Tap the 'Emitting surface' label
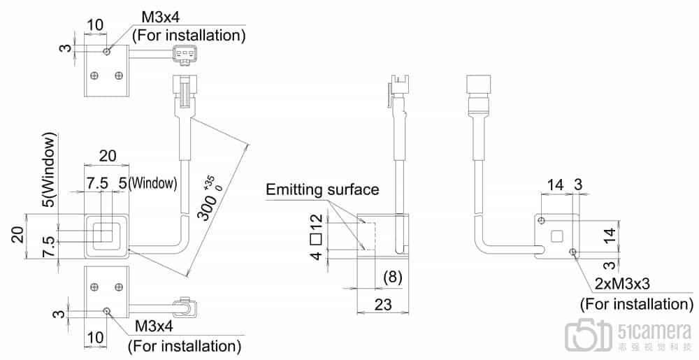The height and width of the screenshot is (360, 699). (322, 189)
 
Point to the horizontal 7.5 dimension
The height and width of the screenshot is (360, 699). (97, 183)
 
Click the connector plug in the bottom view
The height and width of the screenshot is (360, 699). (185, 305)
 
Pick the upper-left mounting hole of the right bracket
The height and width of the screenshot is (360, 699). (542, 221)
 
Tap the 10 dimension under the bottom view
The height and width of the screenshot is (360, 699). (96, 337)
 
